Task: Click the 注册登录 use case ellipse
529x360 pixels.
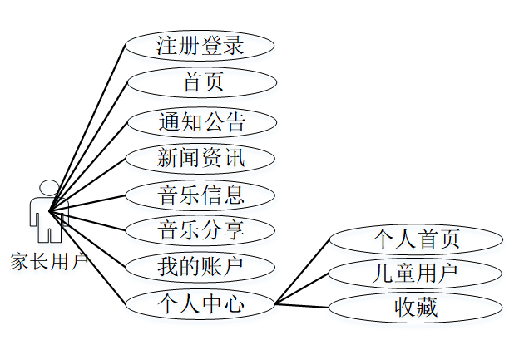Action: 200,46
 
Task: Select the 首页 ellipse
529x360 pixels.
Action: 200,82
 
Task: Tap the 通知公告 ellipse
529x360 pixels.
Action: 200,122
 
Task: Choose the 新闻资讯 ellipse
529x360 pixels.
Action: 200,157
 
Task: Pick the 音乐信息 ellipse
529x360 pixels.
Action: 200,195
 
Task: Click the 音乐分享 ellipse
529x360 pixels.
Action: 200,229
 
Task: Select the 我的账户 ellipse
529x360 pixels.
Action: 200,267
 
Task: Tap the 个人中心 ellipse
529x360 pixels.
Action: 200,303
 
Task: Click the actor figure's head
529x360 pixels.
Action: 49,189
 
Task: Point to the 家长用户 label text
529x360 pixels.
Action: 48,262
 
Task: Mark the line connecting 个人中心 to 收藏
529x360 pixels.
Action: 303,305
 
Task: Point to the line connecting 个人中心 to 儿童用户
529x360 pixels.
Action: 303,288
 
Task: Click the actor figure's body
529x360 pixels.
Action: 49,212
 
